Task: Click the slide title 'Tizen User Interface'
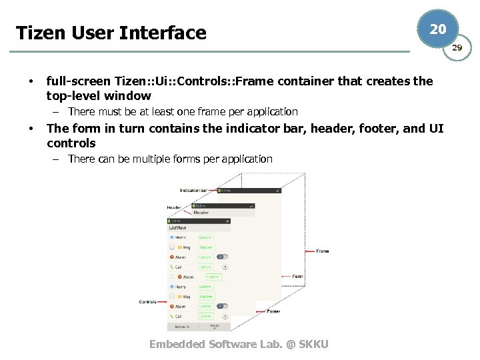[111, 33]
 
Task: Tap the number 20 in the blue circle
[437, 29]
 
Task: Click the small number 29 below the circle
[457, 48]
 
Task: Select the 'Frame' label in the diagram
[323, 251]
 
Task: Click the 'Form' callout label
[297, 276]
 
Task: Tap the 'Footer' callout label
[273, 311]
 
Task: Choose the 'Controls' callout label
[147, 302]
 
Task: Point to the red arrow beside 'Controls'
[162, 302]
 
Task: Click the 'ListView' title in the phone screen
[178, 228]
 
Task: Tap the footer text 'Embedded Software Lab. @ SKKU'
[239, 344]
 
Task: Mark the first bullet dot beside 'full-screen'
[29, 82]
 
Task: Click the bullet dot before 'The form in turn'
[29, 129]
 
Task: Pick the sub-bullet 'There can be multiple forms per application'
[170, 159]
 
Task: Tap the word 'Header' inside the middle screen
[201, 213]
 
